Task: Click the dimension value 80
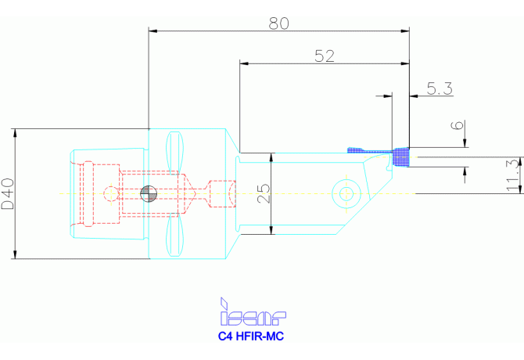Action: (278, 23)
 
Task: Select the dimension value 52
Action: (324, 55)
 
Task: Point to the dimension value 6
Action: (458, 127)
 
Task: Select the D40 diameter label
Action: (7, 193)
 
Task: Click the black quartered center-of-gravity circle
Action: (148, 193)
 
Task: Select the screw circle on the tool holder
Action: (344, 192)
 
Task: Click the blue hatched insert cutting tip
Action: (401, 157)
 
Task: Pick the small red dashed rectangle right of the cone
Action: (223, 193)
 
